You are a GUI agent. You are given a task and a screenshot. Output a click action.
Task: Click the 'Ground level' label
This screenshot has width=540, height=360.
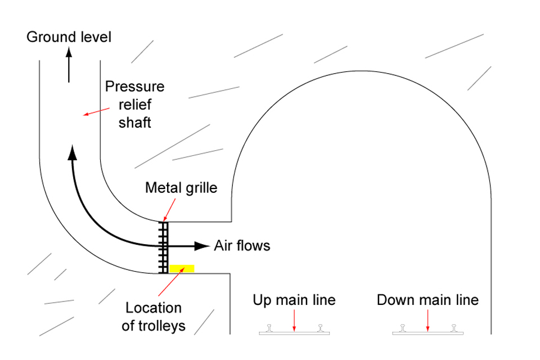70,37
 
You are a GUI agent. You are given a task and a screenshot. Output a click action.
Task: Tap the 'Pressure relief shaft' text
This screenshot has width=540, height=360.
135,105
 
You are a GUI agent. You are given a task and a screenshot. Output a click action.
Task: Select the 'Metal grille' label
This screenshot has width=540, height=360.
181,188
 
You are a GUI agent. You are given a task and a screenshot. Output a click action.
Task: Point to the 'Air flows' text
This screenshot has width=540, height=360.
242,246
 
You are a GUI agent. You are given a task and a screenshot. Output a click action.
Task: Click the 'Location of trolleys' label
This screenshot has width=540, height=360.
154,317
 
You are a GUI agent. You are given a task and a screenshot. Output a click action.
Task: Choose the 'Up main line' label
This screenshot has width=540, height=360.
294,300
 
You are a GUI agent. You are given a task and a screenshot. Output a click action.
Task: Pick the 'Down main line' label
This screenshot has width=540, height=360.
427,300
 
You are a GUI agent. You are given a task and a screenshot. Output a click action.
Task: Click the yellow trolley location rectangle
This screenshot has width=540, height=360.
182,268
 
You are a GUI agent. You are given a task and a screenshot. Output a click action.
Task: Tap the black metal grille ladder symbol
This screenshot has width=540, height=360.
163,247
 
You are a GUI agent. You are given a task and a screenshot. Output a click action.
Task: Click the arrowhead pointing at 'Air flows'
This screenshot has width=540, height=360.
201,246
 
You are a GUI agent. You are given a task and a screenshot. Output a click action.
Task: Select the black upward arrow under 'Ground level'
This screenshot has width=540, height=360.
69,65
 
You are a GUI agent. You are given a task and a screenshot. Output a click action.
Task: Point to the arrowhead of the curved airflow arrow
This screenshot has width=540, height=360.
72,152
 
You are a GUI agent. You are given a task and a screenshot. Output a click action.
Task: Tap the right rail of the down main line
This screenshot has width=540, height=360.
453,327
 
